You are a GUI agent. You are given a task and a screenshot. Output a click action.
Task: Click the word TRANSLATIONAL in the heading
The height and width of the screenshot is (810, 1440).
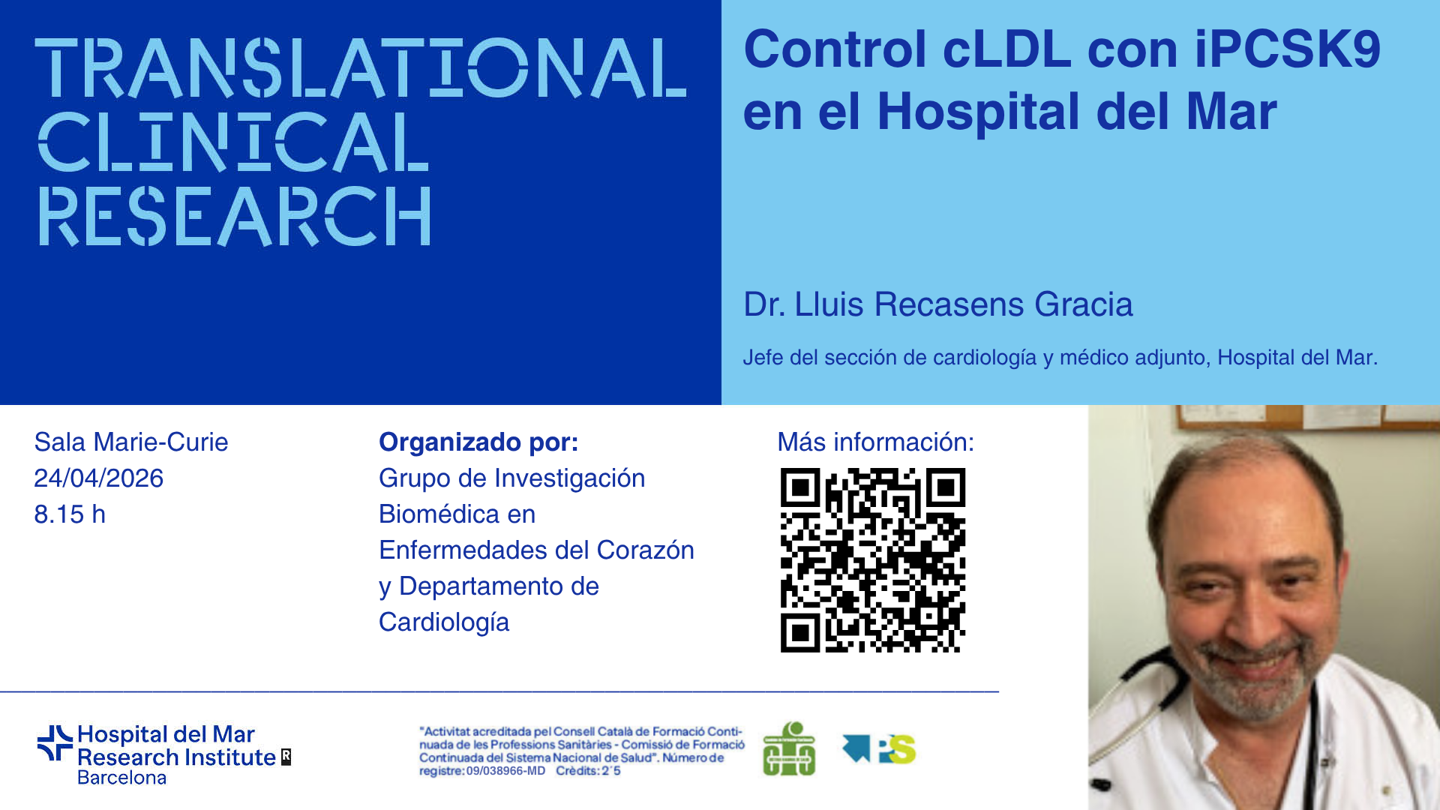click(x=361, y=68)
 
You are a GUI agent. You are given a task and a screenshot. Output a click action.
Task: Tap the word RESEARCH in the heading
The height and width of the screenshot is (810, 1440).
click(x=235, y=216)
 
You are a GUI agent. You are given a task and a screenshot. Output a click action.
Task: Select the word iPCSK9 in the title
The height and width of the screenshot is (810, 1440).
click(x=1287, y=49)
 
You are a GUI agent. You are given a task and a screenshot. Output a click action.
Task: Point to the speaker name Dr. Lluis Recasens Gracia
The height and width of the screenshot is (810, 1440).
click(x=937, y=304)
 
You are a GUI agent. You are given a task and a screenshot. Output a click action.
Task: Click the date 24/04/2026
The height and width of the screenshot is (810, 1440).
click(x=98, y=478)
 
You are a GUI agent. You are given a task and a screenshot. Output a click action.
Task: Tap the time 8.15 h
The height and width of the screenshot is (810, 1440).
click(x=70, y=514)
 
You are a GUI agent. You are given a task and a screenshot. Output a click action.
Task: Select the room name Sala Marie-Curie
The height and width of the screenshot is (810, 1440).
click(x=131, y=442)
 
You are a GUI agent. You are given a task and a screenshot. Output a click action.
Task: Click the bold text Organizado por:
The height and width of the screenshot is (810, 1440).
click(x=478, y=442)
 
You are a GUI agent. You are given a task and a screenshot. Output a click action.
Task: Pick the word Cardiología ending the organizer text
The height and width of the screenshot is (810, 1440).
click(x=444, y=622)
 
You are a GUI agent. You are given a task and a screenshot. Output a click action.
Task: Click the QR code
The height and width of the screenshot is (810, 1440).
click(x=873, y=560)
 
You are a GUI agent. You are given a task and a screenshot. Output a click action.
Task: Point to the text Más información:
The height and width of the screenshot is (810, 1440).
click(x=875, y=442)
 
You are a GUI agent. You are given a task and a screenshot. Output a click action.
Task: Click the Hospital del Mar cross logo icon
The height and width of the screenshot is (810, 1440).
click(x=55, y=743)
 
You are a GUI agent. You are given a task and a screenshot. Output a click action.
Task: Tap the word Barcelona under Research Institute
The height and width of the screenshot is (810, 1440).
click(x=121, y=778)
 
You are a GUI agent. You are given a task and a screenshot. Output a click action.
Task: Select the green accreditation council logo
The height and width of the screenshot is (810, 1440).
click(x=789, y=748)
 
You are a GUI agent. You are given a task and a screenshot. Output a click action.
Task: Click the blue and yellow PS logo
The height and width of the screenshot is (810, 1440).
click(x=879, y=748)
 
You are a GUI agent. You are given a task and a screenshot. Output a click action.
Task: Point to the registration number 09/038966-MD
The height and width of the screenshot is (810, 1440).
click(x=505, y=771)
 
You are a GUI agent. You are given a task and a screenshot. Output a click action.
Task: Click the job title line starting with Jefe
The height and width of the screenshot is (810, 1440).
click(x=1060, y=358)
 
